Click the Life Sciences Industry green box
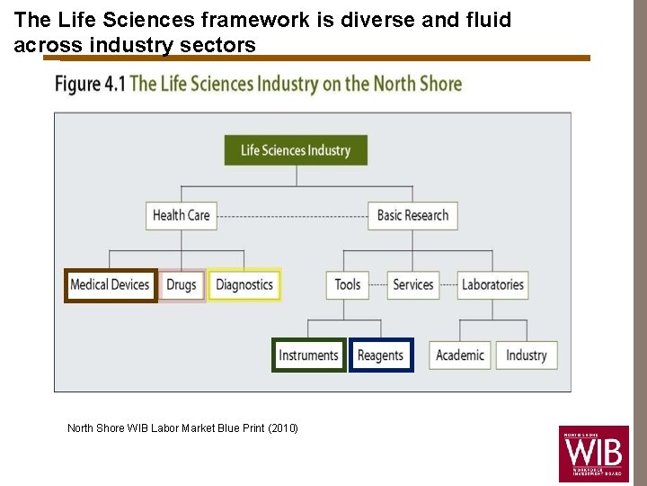[296, 150]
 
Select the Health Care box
[181, 215]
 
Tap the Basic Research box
[412, 215]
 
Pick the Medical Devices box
[110, 285]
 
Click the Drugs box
[182, 285]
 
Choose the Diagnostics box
[244, 285]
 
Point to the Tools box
[348, 285]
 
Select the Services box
[413, 285]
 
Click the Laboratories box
[492, 285]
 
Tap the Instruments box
[308, 355]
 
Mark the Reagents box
[381, 355]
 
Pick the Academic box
[460, 355]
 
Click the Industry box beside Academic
[527, 355]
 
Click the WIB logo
[593, 454]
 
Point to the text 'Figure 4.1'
[90, 85]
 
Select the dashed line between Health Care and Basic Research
[292, 215]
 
